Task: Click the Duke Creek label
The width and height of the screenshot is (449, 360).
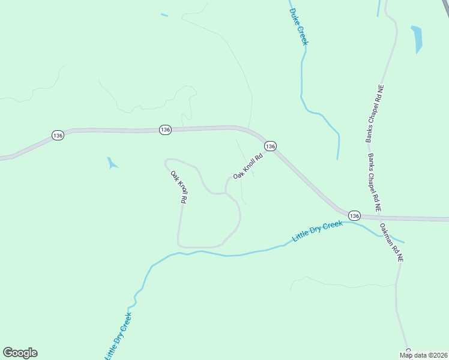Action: (298, 26)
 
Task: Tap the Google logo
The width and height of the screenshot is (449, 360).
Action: (20, 353)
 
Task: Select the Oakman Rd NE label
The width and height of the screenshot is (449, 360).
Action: (391, 242)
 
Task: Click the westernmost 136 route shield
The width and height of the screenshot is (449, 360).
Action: (58, 136)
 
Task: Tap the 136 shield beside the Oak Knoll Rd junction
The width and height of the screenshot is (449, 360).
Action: (270, 146)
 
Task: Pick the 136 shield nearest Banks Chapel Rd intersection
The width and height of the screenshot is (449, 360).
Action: (354, 215)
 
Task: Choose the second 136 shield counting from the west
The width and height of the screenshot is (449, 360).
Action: (166, 130)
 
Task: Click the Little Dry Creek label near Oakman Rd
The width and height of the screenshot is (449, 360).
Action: (317, 231)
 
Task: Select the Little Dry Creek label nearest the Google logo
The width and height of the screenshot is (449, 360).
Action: (119, 336)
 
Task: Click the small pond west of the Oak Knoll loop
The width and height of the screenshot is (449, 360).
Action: (112, 163)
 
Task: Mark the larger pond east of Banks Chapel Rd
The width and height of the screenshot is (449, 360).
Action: (417, 38)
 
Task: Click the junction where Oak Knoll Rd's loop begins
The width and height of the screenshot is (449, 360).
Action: (225, 192)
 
